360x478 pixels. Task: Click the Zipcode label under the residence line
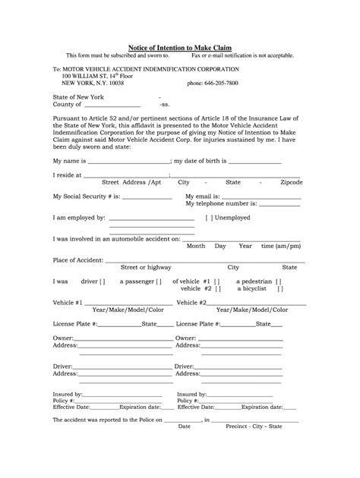pyautogui.click(x=291, y=183)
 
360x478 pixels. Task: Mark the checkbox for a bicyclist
pyautogui.click(x=279, y=289)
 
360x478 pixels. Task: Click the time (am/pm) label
pyautogui.click(x=279, y=247)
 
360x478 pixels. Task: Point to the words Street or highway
pyautogui.click(x=146, y=267)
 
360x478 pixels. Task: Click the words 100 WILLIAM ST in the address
pyautogui.click(x=86, y=75)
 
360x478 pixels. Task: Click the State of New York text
pyautogui.click(x=78, y=98)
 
